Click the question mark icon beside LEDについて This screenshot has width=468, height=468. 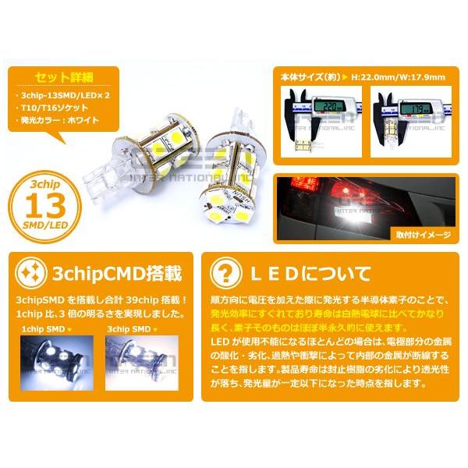tap(226, 274)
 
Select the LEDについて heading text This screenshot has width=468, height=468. tap(307, 274)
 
